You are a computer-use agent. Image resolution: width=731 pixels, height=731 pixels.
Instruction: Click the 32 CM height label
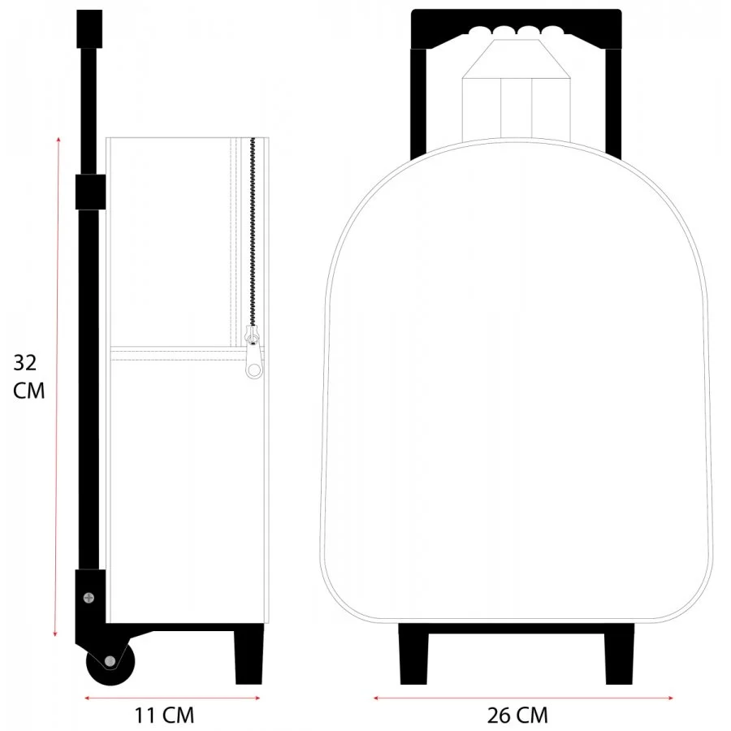click(x=29, y=377)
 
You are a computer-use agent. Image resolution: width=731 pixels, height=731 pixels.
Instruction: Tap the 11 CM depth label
click(x=164, y=715)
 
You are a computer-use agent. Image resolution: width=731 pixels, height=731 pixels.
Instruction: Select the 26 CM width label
click(x=517, y=715)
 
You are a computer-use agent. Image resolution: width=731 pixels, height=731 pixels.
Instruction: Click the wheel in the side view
click(x=110, y=662)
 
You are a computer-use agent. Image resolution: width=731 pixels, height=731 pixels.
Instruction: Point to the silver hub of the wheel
click(x=110, y=661)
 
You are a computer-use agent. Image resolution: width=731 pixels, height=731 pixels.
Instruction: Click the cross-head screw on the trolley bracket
click(x=89, y=597)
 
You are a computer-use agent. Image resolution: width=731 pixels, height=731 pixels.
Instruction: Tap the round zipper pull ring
click(x=253, y=370)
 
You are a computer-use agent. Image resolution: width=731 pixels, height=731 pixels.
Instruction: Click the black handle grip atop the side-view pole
click(x=89, y=29)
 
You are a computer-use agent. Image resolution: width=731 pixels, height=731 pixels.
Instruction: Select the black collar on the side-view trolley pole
click(x=90, y=192)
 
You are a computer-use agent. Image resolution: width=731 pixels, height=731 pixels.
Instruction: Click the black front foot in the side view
click(x=249, y=655)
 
